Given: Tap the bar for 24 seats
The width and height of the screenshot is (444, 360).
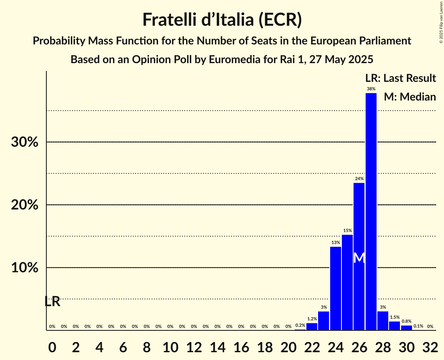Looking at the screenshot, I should click(x=335, y=288).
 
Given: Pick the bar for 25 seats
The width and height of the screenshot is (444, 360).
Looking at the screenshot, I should click(x=347, y=282).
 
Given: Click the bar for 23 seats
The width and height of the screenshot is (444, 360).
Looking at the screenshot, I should click(x=324, y=321).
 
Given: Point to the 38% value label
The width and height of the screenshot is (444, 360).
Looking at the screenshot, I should click(x=371, y=89).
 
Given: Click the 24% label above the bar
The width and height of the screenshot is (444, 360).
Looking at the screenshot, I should click(x=359, y=179).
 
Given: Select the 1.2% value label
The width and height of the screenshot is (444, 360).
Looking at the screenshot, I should click(x=312, y=319).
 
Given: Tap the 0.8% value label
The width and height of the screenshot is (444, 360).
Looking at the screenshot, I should click(x=406, y=321).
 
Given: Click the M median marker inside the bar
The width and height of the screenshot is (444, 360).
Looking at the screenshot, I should click(x=359, y=258).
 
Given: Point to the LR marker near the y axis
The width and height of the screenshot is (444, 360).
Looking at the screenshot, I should click(x=52, y=302).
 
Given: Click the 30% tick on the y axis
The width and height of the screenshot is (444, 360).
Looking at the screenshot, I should click(x=25, y=142).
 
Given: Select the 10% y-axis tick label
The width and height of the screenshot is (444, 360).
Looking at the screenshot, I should click(x=25, y=268).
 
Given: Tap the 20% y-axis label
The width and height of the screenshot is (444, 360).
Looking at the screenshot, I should click(x=25, y=205).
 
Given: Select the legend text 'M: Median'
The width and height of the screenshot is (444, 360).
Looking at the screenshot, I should click(x=410, y=97).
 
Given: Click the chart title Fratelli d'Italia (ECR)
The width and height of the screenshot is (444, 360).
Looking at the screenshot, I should click(x=222, y=19).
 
